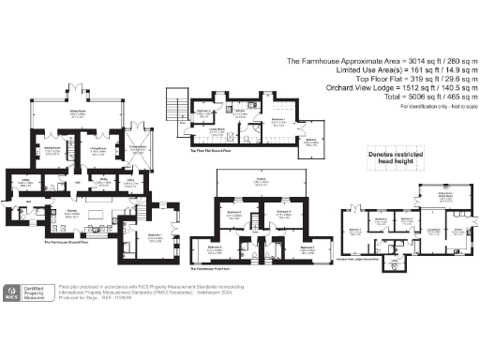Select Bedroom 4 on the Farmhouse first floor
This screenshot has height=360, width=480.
282,214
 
